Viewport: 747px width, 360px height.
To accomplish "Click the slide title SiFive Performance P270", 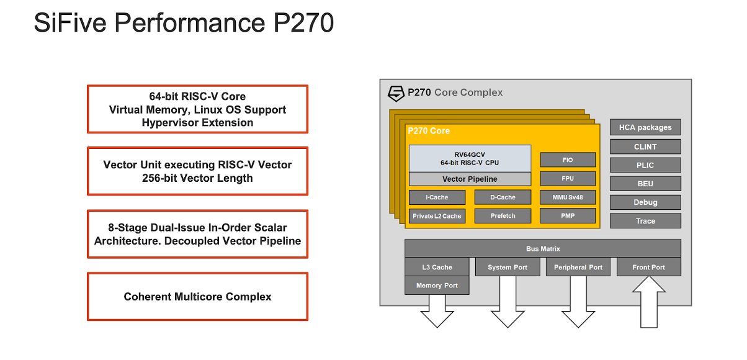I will [x=184, y=23].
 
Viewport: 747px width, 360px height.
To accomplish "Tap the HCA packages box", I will [x=645, y=127].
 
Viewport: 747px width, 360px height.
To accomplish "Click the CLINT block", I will [x=645, y=146].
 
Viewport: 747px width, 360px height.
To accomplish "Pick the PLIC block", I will [x=645, y=165].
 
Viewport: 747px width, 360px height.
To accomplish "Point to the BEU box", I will [x=645, y=184].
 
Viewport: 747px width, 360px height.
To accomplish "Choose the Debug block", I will [x=645, y=202].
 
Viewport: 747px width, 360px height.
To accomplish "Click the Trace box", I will [x=645, y=221].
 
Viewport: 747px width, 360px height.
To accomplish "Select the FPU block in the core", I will [x=568, y=179].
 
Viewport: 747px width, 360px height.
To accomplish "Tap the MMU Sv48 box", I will [x=568, y=197].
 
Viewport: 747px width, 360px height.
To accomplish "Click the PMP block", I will [x=568, y=216].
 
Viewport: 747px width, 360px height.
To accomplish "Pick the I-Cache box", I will [x=437, y=197].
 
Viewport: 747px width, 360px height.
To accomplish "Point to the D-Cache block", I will [x=503, y=197].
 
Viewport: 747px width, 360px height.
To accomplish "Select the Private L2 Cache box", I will [x=437, y=216].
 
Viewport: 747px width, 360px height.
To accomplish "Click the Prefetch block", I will [x=503, y=216].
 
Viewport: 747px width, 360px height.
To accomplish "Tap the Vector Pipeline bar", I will [x=470, y=179].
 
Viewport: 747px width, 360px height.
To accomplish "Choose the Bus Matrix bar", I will [x=543, y=248].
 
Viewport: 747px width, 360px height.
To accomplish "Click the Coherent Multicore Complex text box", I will [x=197, y=297].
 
